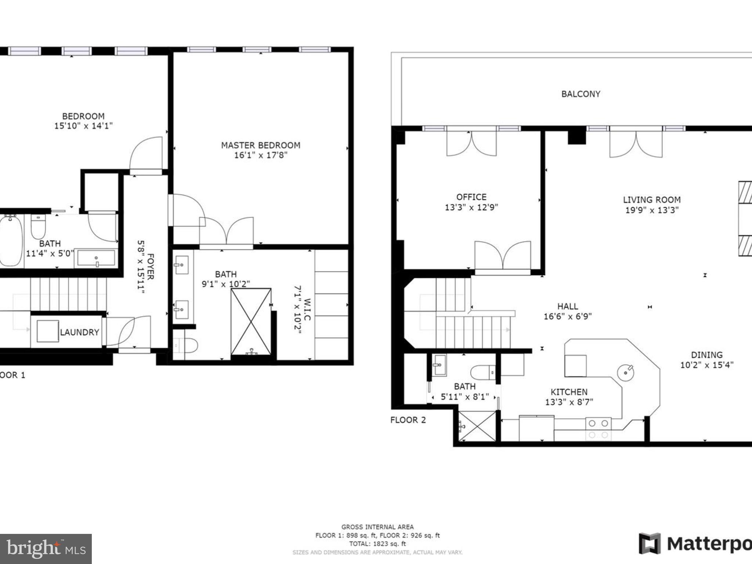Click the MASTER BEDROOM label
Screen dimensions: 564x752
point(260,145)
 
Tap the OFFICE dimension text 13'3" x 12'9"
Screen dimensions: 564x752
point(471,207)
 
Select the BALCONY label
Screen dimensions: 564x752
point(581,94)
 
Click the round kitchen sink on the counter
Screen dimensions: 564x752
point(625,373)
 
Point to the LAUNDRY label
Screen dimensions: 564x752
point(80,332)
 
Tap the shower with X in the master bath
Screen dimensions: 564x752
point(251,322)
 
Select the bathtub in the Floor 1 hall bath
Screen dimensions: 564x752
point(10,241)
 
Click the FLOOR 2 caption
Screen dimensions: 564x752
point(408,420)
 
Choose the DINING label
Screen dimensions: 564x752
point(706,355)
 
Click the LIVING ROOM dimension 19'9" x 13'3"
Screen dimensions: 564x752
point(652,210)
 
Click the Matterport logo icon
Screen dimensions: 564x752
point(649,543)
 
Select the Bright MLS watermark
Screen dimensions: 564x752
point(46,549)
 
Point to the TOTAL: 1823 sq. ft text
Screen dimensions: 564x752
point(377,544)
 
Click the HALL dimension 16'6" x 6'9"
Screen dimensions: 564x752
point(568,317)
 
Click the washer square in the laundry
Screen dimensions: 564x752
point(48,331)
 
